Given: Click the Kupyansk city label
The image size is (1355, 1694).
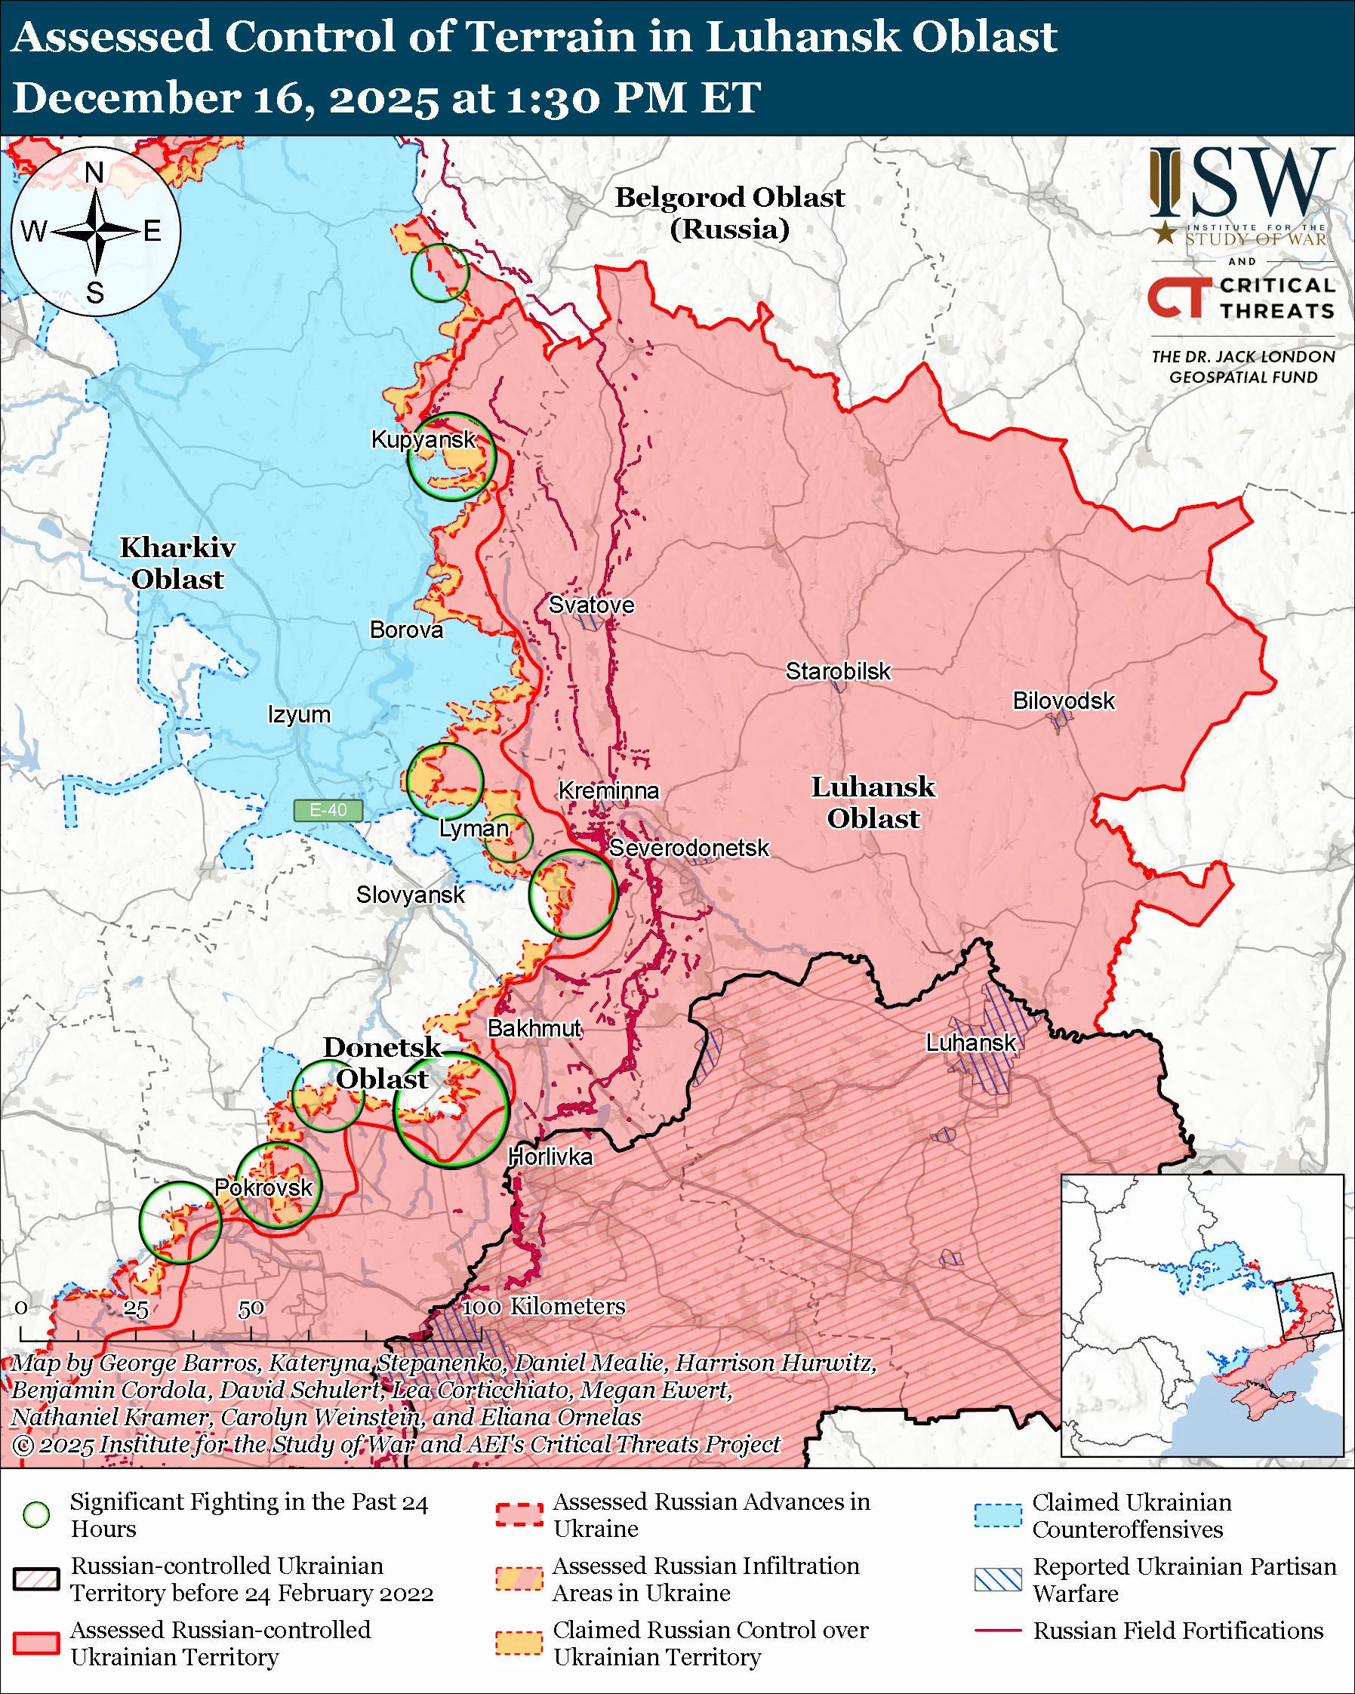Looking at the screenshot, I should coord(423,439).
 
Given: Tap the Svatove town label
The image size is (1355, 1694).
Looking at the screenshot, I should coord(591,605).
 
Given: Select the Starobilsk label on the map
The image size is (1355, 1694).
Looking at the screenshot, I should coord(838,672).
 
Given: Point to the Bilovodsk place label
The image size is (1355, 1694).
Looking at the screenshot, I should coord(1063,701).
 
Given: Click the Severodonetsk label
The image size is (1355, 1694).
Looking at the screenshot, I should coord(689,849).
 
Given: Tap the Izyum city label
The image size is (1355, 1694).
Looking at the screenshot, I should coord(298,715).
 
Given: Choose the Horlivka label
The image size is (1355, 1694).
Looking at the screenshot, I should coord(550,1157).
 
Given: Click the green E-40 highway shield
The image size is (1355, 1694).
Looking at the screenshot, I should coord(328,810).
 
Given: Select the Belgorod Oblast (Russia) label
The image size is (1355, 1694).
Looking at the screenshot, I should coord(729,213).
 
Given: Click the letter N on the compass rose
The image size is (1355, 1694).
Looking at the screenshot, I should coord(94,173).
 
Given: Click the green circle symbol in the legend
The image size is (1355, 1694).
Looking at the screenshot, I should coord(37,1515).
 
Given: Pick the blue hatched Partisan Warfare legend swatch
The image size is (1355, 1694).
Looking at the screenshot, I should coord(998,1579).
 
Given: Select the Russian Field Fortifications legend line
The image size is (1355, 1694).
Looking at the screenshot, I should coord(998,1631).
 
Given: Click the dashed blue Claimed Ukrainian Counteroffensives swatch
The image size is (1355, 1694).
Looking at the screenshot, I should coord(998,1515).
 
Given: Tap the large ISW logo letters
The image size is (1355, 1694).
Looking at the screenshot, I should coord(1241,182).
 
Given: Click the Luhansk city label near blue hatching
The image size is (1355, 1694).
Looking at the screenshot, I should coord(970,1043).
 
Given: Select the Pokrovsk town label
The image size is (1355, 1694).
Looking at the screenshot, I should coord(264,1187).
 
